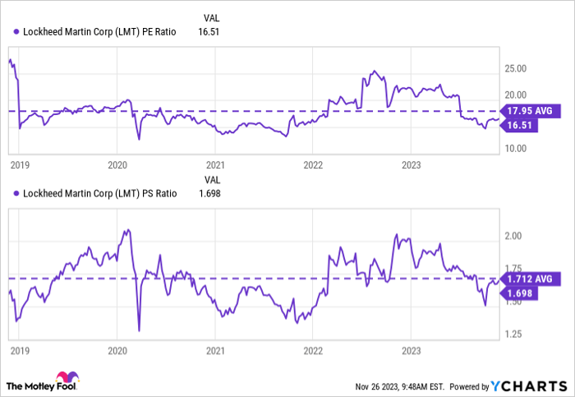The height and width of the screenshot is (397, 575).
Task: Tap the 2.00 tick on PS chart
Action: click(514, 237)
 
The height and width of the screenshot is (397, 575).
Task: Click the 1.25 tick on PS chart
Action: click(514, 335)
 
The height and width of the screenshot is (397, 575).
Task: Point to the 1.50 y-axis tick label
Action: click(514, 302)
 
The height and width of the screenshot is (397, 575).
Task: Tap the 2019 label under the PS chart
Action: click(19, 349)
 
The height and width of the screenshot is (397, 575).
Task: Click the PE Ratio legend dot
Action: click(17, 32)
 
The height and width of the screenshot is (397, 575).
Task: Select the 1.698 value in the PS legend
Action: click(210, 193)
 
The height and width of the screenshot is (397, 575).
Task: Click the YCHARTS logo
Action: click(529, 385)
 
